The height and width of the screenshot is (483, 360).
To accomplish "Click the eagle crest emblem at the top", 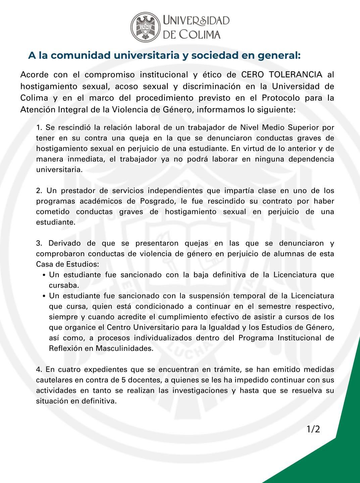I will (145, 27).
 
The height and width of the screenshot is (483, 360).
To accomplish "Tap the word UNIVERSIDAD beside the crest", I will (196, 21).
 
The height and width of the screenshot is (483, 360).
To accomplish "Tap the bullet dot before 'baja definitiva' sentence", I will (44, 275).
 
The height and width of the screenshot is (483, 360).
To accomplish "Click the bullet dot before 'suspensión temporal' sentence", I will (44, 297).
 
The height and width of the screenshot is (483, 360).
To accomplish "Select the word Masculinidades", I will (124, 348).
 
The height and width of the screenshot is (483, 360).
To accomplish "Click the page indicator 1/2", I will (313, 429).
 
